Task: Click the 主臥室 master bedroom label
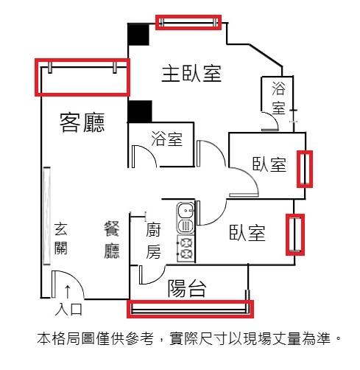[x=191, y=73]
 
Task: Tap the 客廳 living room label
[x=82, y=122]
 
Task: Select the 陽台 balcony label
[x=187, y=288]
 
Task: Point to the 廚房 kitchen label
[x=153, y=241]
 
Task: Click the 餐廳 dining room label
[x=112, y=240]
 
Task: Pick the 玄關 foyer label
[x=60, y=238]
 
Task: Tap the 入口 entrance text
[x=68, y=310]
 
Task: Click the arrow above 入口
[x=68, y=292]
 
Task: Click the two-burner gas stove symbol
[x=186, y=248]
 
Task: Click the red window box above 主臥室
[x=188, y=22]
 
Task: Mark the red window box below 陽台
[x=190, y=309]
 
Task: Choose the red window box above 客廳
[x=82, y=77]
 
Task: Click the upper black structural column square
[x=138, y=35]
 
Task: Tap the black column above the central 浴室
[x=140, y=111]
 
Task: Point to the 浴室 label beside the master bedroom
[x=278, y=98]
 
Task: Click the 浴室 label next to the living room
[x=167, y=139]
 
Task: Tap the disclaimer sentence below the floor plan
[x=189, y=338]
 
